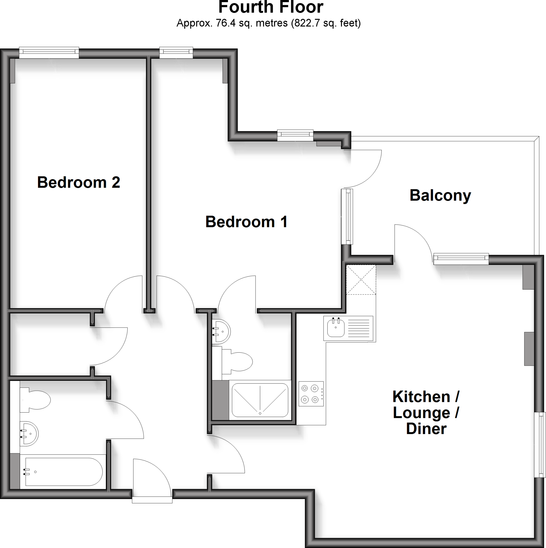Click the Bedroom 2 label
79,182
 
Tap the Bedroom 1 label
246,222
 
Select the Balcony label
440,195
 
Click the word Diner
426,429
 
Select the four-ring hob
311,394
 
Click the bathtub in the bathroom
64,472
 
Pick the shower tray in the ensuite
260,400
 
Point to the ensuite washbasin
221,331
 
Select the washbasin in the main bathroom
29,434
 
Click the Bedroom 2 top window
49,53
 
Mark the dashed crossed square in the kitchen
361,280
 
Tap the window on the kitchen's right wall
540,445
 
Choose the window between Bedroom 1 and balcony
347,216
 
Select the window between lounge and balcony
461,258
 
